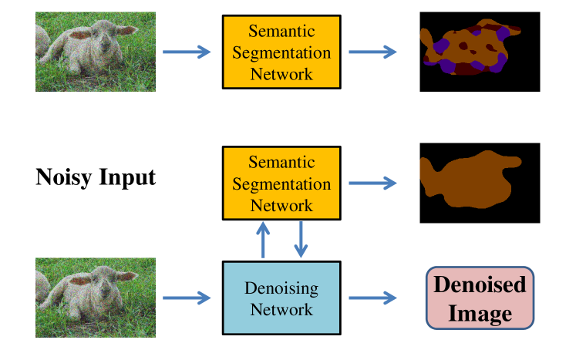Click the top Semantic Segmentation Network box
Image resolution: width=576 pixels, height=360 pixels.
coord(281,52)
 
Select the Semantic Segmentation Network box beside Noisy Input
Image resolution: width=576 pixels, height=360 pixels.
coord(281,183)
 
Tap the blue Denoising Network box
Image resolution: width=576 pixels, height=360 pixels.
coord(281,299)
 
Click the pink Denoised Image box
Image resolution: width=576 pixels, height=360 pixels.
coord(480,298)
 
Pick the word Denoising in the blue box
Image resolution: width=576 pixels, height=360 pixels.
coord(281,289)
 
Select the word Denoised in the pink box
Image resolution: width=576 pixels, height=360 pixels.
coord(480,284)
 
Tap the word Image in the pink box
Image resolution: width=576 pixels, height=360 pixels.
coord(480,313)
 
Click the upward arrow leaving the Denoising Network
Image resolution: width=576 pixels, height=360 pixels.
coord(263,239)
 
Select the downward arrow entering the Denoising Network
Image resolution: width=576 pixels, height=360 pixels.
coord(301,240)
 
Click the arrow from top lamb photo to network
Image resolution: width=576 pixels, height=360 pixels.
coord(187,52)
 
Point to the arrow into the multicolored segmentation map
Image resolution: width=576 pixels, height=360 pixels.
coord(372,52)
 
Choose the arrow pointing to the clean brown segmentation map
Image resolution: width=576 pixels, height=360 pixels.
coord(372,183)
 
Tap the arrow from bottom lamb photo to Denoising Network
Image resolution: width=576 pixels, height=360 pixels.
coord(187,298)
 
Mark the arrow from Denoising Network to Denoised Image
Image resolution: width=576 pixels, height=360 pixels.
coord(372,298)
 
